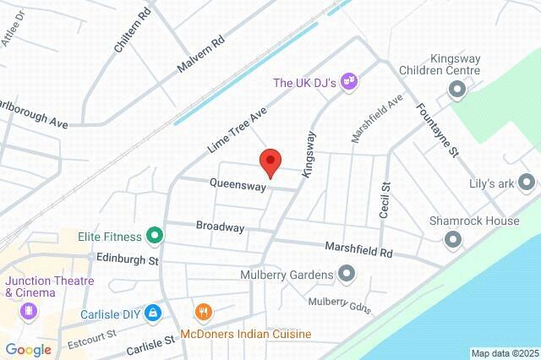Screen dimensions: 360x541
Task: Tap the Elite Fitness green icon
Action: point(154,235)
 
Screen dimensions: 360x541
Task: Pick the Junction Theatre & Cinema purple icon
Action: point(30,312)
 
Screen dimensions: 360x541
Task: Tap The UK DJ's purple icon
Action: point(349,83)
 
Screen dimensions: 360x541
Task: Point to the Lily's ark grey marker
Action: point(527,182)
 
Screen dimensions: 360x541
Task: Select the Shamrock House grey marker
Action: point(454,239)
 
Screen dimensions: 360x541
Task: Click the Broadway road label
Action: point(220,227)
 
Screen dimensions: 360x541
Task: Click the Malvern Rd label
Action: point(200,53)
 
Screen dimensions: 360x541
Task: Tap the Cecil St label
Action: point(385,199)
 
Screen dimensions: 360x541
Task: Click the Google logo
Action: point(28,349)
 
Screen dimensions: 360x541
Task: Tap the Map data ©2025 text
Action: point(504,353)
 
